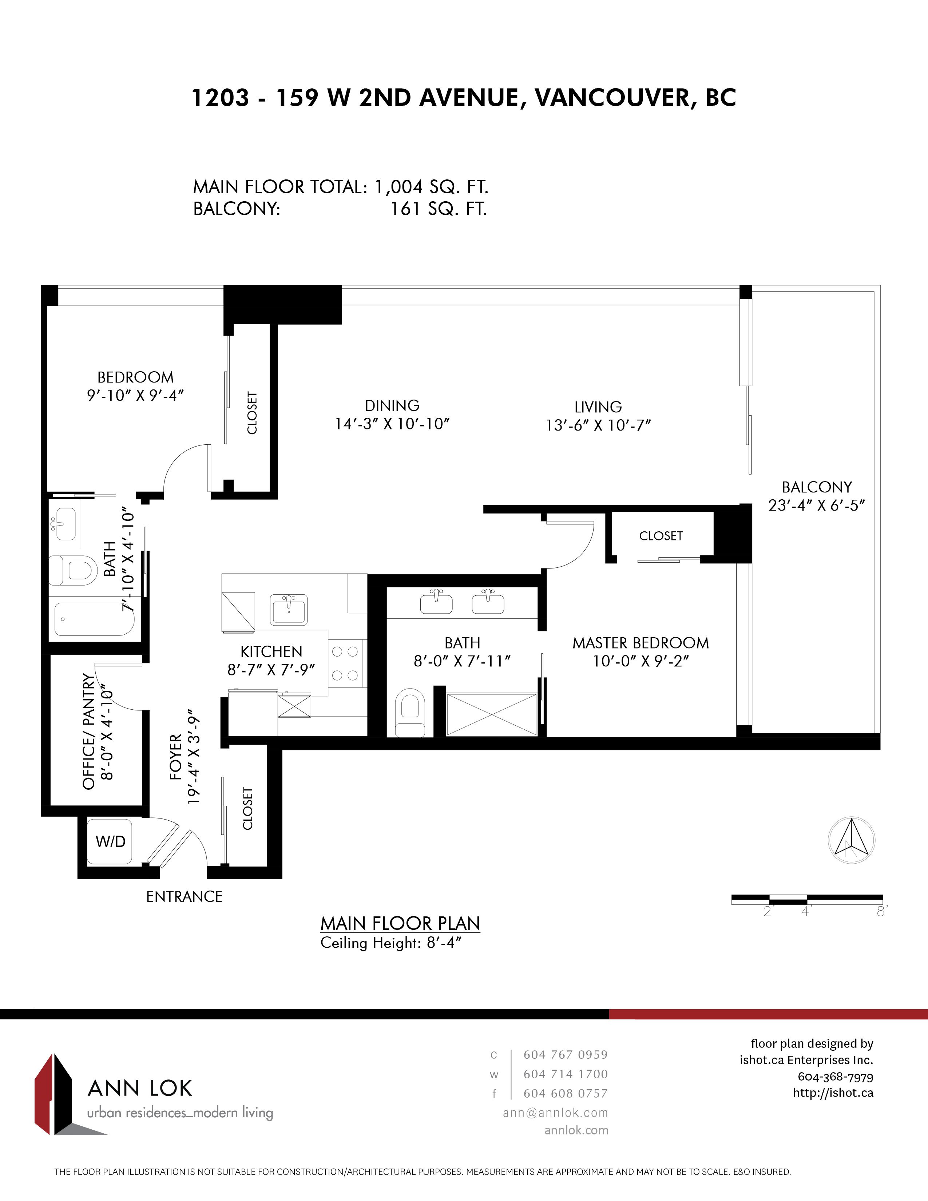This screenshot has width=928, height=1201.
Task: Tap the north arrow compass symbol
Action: pyautogui.click(x=852, y=840)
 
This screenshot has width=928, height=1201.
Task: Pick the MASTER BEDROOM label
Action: pyautogui.click(x=641, y=643)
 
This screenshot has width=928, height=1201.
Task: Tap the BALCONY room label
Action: pyautogui.click(x=817, y=487)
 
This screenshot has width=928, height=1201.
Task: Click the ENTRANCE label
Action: pyautogui.click(x=184, y=897)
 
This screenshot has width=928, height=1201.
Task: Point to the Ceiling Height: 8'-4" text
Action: pyautogui.click(x=391, y=943)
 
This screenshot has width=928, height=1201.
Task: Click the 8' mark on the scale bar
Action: pyautogui.click(x=882, y=911)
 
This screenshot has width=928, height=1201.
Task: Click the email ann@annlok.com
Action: pyautogui.click(x=555, y=1113)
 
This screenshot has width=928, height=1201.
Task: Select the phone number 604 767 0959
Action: pyautogui.click(x=566, y=1055)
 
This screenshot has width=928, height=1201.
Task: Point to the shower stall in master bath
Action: pyautogui.click(x=492, y=714)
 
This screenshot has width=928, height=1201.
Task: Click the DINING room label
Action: pyautogui.click(x=392, y=406)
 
